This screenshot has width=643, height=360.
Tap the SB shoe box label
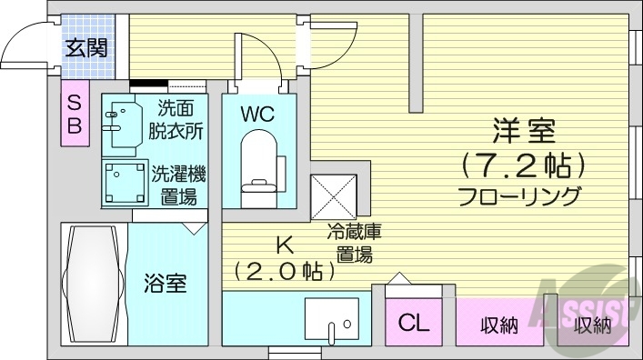75,115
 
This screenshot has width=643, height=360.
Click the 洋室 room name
524,132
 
